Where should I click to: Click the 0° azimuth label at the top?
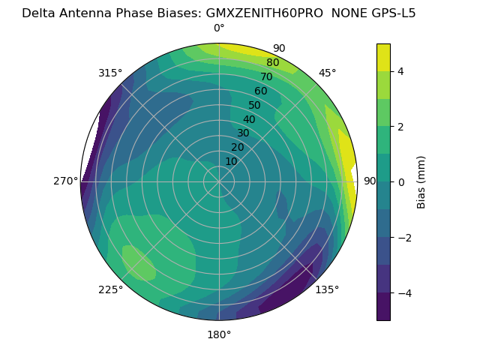click(x=219, y=28)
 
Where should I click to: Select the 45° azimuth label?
click(x=327, y=73)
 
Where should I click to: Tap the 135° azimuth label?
click(x=327, y=289)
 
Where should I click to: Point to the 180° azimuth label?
click(x=219, y=334)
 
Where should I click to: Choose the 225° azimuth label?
click(x=110, y=289)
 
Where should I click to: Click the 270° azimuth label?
click(x=65, y=181)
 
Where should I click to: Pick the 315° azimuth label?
click(x=110, y=73)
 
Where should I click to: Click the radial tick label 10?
click(x=231, y=161)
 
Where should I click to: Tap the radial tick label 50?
click(x=255, y=106)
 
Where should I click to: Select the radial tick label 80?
click(x=272, y=63)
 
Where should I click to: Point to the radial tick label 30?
click(x=243, y=133)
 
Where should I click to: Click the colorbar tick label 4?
click(x=401, y=71)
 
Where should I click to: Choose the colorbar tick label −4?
click(x=403, y=292)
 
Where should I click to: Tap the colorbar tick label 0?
click(x=401, y=181)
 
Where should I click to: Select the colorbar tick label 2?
click(x=401, y=127)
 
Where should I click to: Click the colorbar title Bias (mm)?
click(x=421, y=181)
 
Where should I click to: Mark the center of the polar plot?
click(x=219, y=181)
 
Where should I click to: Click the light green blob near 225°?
click(x=139, y=262)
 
